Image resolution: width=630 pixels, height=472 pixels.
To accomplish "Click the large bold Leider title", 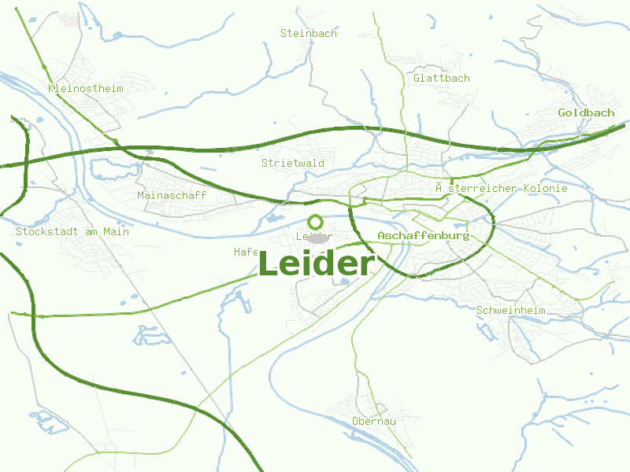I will pos(315,264).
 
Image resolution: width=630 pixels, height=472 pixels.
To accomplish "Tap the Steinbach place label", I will pos(309,33).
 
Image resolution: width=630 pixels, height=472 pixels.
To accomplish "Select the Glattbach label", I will pos(442,78).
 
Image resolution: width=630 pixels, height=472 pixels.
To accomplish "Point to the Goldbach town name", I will pos(586,112).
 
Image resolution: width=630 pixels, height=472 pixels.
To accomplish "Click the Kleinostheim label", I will pos(86,89).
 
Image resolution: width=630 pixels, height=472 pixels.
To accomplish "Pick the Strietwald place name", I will pos(293,163).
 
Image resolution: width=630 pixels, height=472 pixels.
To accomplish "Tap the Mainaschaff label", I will pos(172,195).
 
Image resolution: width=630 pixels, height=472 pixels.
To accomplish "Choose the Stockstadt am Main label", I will pos(72,231).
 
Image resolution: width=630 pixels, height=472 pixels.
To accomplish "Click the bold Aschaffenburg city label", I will pos(423,235).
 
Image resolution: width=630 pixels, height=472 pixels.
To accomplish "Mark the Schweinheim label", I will pos(511,310).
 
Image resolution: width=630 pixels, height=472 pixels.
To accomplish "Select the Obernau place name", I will pos(374,421).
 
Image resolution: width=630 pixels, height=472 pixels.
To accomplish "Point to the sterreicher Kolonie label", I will pos(502,188).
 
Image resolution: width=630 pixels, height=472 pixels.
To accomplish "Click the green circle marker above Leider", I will pos(316,222).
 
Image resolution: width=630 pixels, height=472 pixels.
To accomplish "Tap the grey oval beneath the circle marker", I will pos(317,238).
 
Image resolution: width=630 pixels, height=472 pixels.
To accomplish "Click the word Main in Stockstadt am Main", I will pos(116,231).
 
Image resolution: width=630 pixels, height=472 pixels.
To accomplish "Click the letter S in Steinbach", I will pos(284,33).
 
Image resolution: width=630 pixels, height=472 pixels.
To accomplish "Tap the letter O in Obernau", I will pos(356,421).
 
